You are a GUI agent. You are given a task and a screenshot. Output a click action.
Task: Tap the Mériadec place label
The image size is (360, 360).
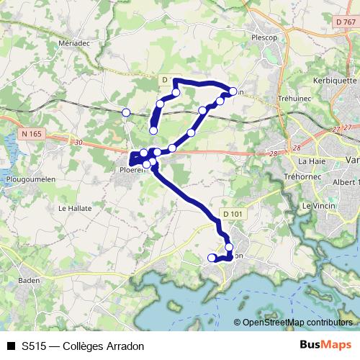75,42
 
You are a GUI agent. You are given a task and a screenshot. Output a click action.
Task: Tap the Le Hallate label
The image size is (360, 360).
73,208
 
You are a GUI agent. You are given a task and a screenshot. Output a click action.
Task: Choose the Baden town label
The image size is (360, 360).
29,280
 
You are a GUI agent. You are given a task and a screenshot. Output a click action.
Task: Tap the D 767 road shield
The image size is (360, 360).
345,23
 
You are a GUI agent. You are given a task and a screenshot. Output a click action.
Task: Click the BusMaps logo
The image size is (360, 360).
325,346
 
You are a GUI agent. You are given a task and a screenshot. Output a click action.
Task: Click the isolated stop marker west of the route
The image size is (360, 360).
126,112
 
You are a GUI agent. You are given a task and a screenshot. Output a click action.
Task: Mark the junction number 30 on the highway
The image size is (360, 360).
77,143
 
